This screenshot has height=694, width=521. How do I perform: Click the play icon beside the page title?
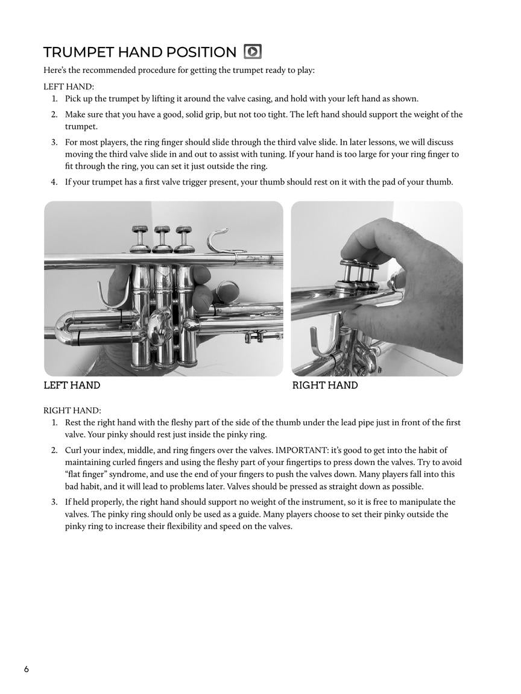(x=252, y=52)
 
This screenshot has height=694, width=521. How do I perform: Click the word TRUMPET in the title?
(x=78, y=52)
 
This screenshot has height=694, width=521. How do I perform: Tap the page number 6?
(x=27, y=669)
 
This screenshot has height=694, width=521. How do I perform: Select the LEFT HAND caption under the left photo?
(x=72, y=386)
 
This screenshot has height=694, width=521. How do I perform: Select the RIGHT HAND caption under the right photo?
(x=325, y=386)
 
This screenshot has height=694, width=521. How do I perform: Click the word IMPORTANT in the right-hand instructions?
(x=302, y=450)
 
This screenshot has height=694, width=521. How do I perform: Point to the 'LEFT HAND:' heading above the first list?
(x=69, y=87)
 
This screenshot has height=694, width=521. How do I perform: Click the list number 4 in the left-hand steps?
(x=54, y=182)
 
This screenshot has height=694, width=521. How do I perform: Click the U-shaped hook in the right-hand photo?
(x=320, y=344)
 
